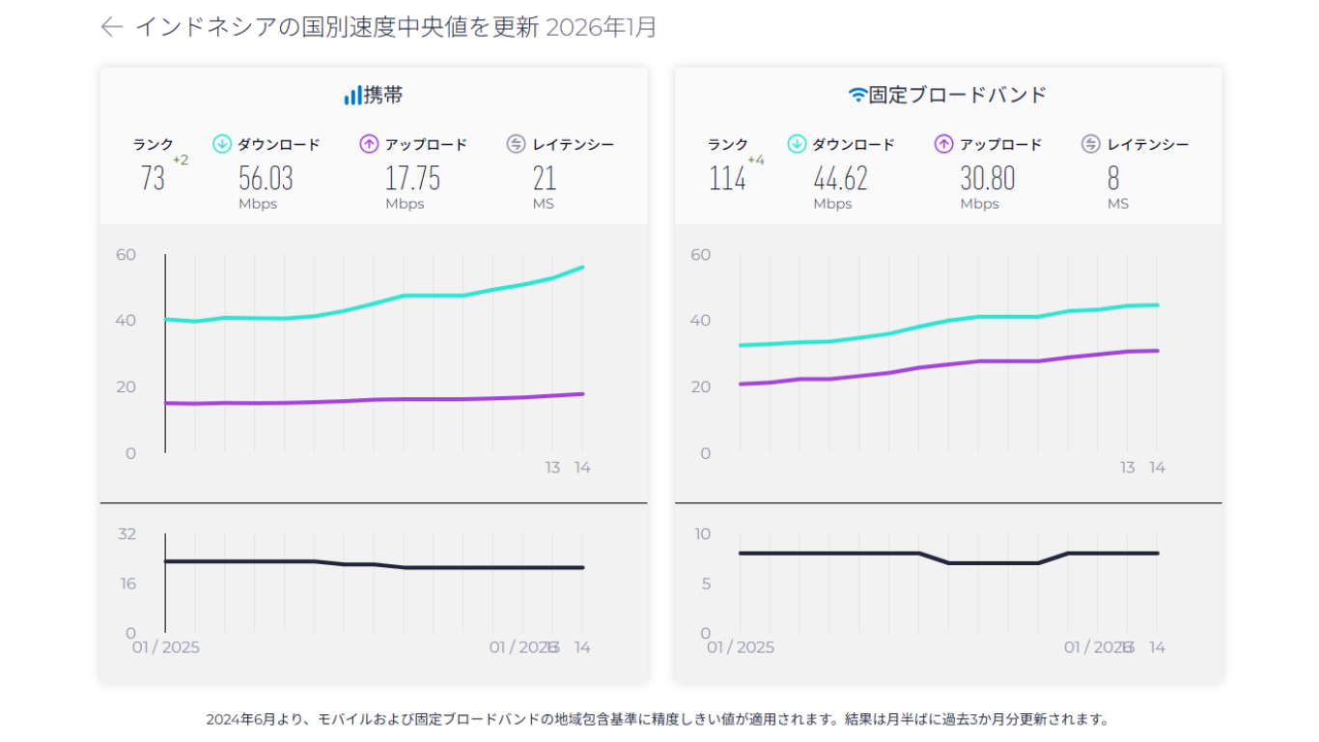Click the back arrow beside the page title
point(112,27)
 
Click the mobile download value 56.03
point(266,179)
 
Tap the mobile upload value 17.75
point(412,179)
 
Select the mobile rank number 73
point(153,179)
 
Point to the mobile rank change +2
point(181,160)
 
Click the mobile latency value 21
point(545,179)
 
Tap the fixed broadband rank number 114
point(727,179)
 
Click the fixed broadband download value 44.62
point(840,179)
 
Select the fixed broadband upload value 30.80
point(987,179)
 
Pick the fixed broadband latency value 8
point(1113,179)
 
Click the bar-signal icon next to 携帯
point(352,96)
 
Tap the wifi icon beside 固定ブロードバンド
point(857,96)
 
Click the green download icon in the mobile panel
point(221,145)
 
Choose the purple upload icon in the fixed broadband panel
point(943,145)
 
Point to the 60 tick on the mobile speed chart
point(126,255)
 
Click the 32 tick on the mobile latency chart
point(126,533)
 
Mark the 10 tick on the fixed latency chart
point(702,533)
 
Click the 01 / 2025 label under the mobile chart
point(166,647)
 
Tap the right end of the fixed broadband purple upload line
point(1157,351)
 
